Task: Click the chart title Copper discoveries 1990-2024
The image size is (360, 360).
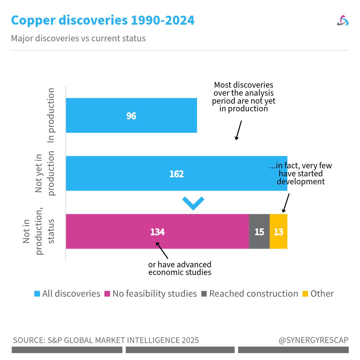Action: (x=103, y=21)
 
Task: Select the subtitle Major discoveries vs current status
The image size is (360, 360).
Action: (x=78, y=38)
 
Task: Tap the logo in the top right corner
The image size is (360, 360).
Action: (x=343, y=21)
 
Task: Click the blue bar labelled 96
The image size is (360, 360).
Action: (x=131, y=116)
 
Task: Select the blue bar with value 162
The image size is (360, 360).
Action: (x=176, y=174)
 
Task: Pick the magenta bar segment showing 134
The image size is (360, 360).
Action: (x=157, y=232)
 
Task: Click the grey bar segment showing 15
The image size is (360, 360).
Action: (x=259, y=232)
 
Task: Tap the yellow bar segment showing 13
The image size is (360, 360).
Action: (x=278, y=232)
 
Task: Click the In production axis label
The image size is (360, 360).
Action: (x=51, y=115)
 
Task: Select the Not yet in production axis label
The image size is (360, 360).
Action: (x=45, y=173)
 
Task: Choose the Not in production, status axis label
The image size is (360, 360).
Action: (x=38, y=232)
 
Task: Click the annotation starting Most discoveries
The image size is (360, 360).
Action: (x=244, y=97)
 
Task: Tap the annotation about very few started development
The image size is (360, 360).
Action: (x=301, y=174)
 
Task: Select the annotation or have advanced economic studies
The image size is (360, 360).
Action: (x=180, y=268)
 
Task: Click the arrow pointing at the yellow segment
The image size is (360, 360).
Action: (x=286, y=203)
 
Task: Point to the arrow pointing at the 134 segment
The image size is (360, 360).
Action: (x=162, y=250)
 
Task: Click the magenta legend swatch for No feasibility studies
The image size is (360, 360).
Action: (x=107, y=294)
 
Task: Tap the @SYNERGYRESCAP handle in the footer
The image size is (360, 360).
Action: (x=313, y=340)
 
